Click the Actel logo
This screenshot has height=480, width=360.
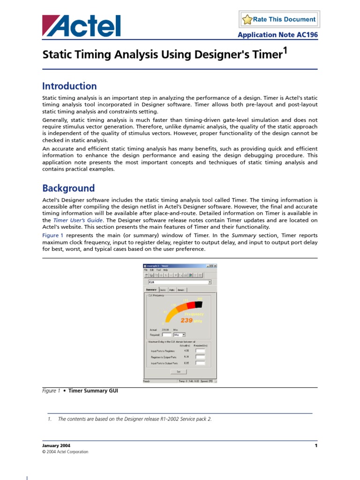(x=81, y=26)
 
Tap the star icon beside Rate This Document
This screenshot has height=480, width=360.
(x=247, y=20)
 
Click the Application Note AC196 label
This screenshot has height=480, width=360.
(x=277, y=35)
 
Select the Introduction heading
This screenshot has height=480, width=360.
(x=69, y=86)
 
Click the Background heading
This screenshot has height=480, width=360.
(x=68, y=188)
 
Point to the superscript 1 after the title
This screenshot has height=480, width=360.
(x=284, y=51)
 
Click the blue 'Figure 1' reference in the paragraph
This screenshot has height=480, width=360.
(x=51, y=235)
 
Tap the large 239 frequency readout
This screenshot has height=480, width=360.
(x=187, y=320)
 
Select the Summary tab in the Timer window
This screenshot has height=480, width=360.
(x=151, y=290)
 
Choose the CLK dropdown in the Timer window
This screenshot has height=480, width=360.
(x=180, y=282)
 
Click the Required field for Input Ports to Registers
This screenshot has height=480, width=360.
(x=200, y=350)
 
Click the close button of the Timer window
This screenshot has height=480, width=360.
(x=215, y=266)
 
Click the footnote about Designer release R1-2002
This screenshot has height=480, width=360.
(x=135, y=419)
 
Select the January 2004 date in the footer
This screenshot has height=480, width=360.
(x=56, y=445)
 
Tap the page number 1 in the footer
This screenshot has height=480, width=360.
(x=316, y=445)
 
